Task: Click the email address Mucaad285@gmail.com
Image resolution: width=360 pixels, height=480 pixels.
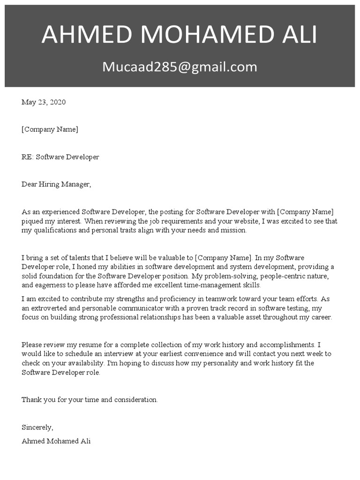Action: [x=180, y=67]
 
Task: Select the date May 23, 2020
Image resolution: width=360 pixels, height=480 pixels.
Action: [x=44, y=102]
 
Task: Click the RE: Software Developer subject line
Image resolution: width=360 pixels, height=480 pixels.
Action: [x=60, y=157]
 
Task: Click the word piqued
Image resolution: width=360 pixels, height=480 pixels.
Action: [x=32, y=221]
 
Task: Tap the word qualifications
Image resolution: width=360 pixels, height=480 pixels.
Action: [x=54, y=230]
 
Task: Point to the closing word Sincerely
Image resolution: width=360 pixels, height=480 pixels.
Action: [x=37, y=427]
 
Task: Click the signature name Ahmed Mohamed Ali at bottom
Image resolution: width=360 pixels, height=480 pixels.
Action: [x=56, y=441]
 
